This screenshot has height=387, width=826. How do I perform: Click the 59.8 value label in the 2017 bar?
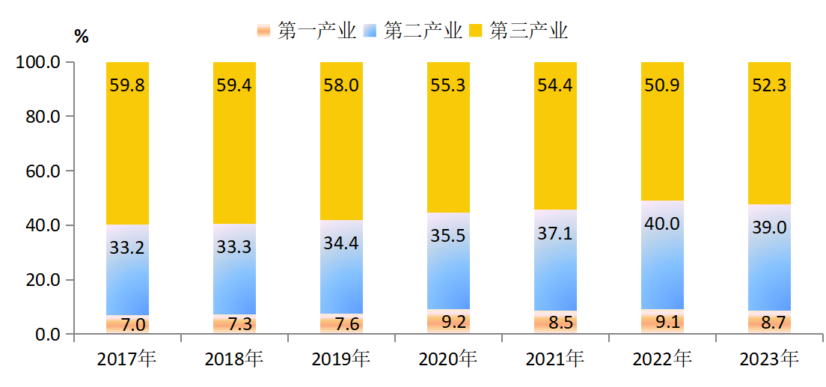(x=127, y=85)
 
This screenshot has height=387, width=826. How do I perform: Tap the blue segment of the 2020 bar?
(x=448, y=269)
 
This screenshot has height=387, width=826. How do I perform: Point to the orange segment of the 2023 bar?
(x=769, y=323)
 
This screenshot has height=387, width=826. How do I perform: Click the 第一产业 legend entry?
(x=307, y=31)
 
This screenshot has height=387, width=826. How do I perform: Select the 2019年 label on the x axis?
(x=341, y=360)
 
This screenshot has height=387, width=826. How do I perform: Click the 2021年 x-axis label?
(x=555, y=360)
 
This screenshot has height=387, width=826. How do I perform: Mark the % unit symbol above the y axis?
(x=81, y=37)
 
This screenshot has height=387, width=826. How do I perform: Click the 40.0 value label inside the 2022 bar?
(x=662, y=224)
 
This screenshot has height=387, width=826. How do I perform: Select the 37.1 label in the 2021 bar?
(x=555, y=234)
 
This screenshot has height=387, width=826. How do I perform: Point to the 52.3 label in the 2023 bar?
(x=769, y=85)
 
